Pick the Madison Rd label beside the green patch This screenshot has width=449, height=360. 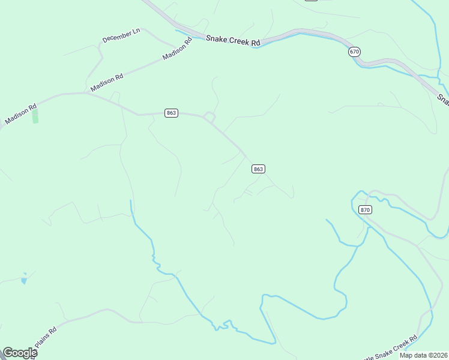[x=20, y=112]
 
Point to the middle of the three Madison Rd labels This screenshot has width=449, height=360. [x=106, y=82]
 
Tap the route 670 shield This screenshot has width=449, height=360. [x=354, y=52]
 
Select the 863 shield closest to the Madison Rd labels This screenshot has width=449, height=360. [x=171, y=113]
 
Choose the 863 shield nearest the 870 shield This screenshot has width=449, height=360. [x=258, y=169]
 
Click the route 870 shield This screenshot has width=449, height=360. [x=366, y=209]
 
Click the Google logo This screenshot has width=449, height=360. [x=19, y=353]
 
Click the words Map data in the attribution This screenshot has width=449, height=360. [x=413, y=355]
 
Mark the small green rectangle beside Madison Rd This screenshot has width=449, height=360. [x=35, y=116]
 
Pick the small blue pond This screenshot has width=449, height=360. [x=23, y=280]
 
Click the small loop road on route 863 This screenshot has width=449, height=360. [x=209, y=116]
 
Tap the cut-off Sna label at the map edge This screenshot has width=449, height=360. [x=443, y=98]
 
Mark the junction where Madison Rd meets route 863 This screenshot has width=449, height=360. [x=85, y=94]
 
